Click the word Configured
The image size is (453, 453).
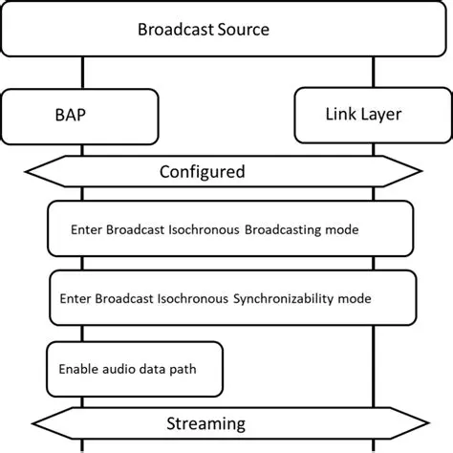click(202, 172)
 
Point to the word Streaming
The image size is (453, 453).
click(205, 422)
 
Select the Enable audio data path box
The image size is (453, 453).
click(134, 367)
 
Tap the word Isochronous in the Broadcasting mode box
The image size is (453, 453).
click(202, 229)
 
